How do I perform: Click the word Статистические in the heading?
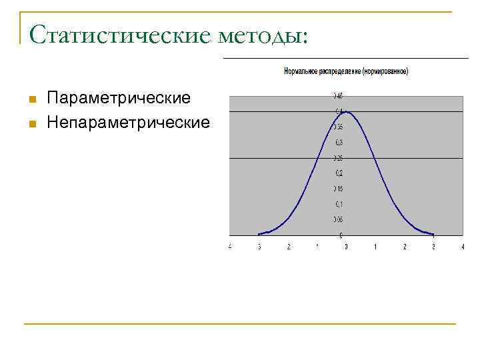coord(121,34)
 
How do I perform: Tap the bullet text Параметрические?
coord(119,99)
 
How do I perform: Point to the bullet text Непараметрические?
coord(128,123)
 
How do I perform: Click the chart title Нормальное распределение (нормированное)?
coord(346,71)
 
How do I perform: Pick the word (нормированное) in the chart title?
coord(385,71)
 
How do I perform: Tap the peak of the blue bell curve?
coord(346,111)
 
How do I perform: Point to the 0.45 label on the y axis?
coord(338,95)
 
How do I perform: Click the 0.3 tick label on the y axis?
coord(339,142)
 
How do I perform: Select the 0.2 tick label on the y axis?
coord(339,173)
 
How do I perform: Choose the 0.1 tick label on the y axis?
coord(339,204)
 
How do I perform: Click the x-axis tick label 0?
coord(346,247)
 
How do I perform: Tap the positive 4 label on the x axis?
coord(462,247)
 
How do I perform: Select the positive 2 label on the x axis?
coord(405,247)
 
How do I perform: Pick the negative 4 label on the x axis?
coord(230,247)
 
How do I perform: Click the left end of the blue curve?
coord(259,234)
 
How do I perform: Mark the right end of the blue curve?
coord(433,234)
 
